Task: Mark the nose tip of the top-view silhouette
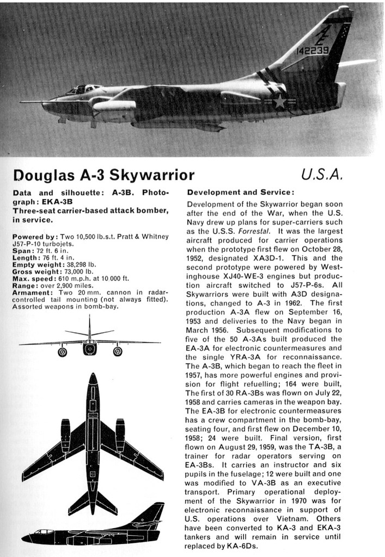click(x=93, y=375)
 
